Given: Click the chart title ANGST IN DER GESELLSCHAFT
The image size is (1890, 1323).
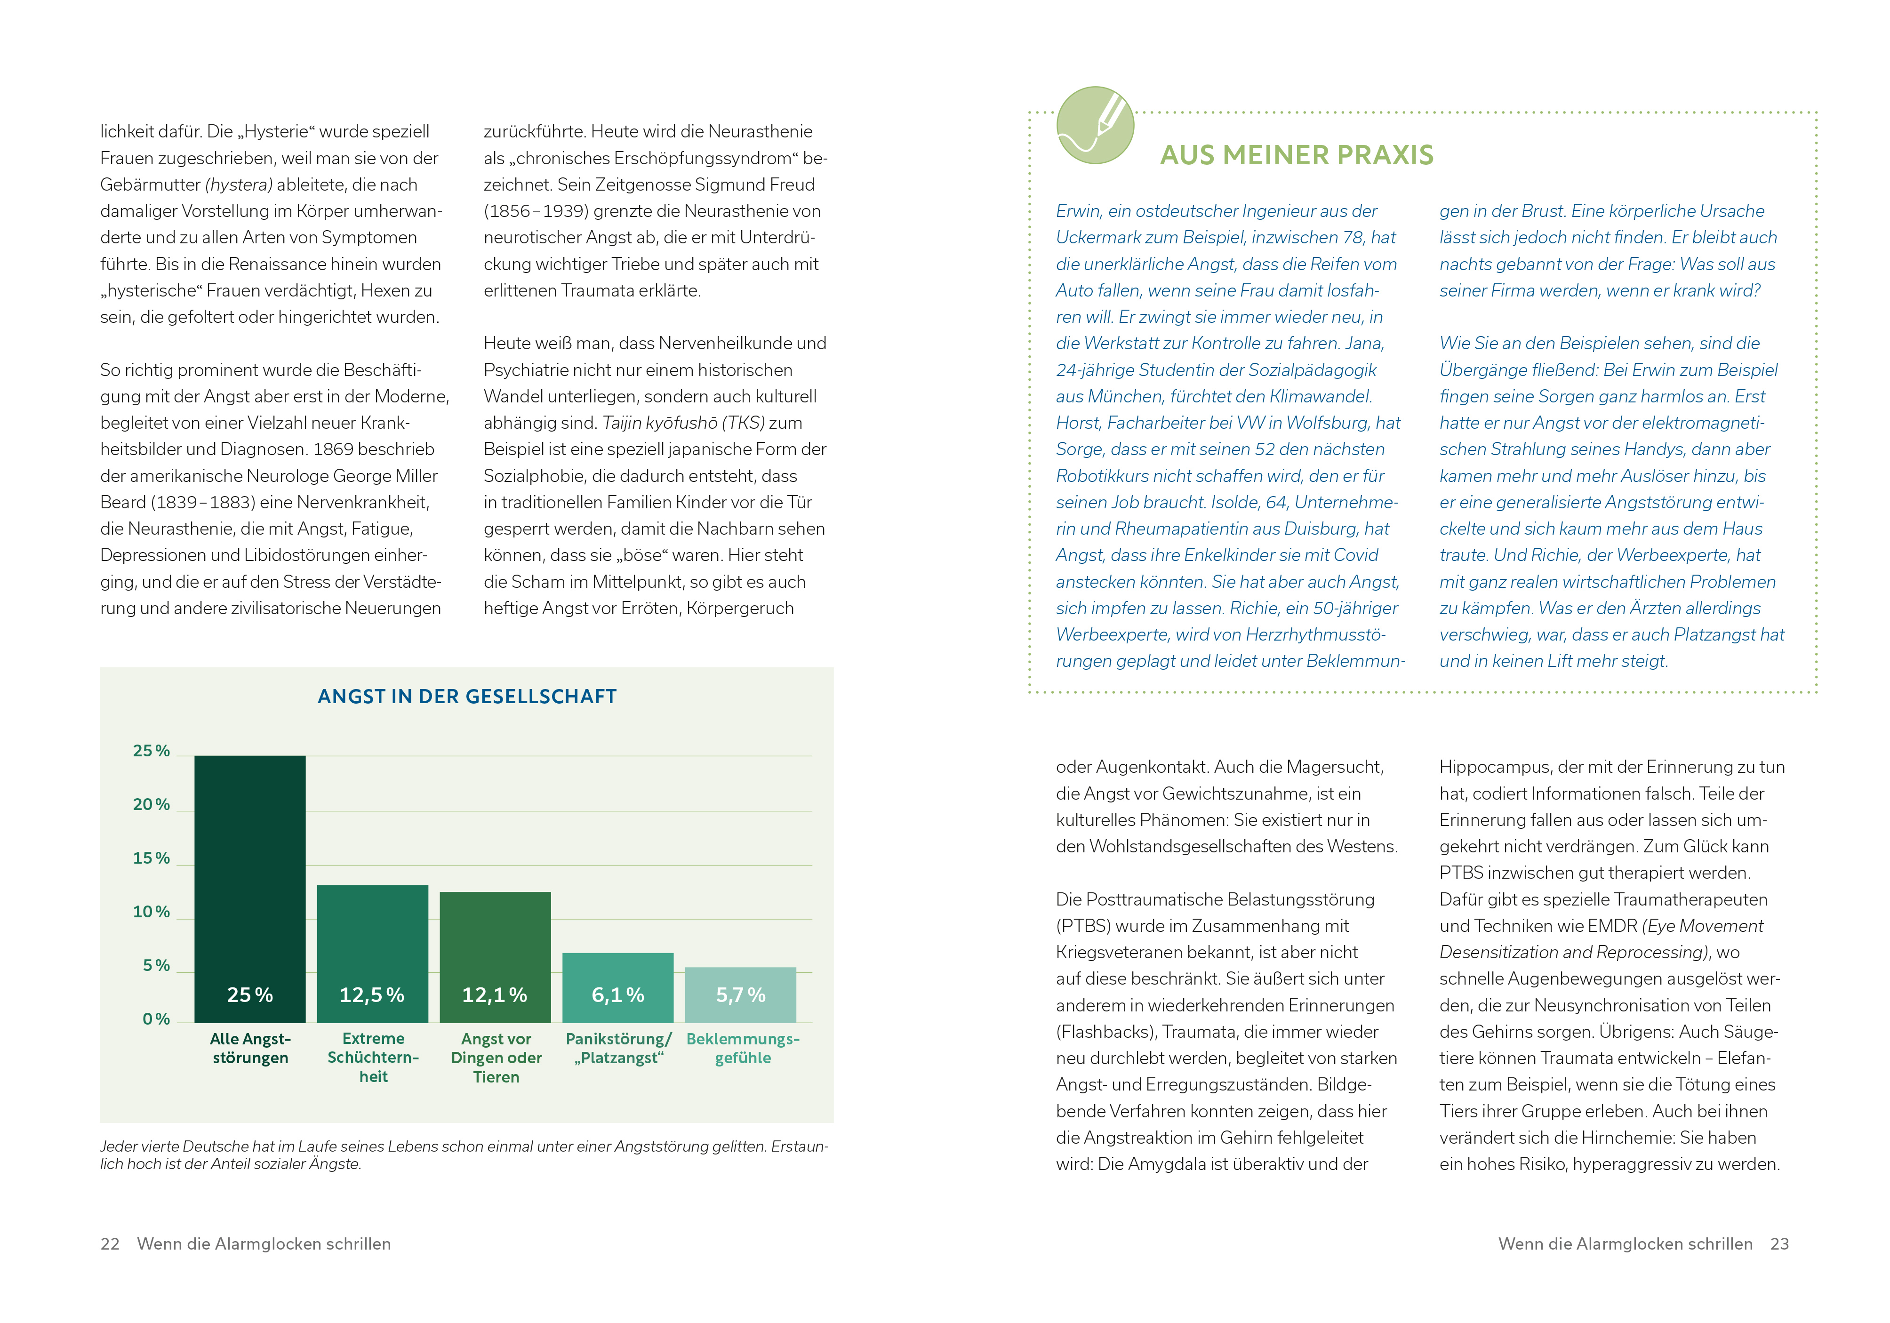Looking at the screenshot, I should coord(467,697).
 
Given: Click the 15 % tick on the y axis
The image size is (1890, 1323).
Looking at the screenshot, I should coord(152,858).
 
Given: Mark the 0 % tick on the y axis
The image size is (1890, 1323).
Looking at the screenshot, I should coord(156,1019).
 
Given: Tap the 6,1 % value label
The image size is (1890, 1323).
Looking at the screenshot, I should coord(617,995).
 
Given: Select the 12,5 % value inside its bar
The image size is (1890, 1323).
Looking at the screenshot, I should coord(372,995).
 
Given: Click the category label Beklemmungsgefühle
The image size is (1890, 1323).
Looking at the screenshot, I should coord(743,1048).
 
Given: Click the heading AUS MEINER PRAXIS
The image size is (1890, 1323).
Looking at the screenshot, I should coord(1297,155).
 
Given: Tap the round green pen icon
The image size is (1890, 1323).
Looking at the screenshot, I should coord(1095,125).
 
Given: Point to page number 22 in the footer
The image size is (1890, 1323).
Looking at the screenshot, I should coord(110,1244).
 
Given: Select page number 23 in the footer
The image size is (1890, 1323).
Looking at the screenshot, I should coord(1780,1244).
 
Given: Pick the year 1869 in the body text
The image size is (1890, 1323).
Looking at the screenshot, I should coord(333,449).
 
